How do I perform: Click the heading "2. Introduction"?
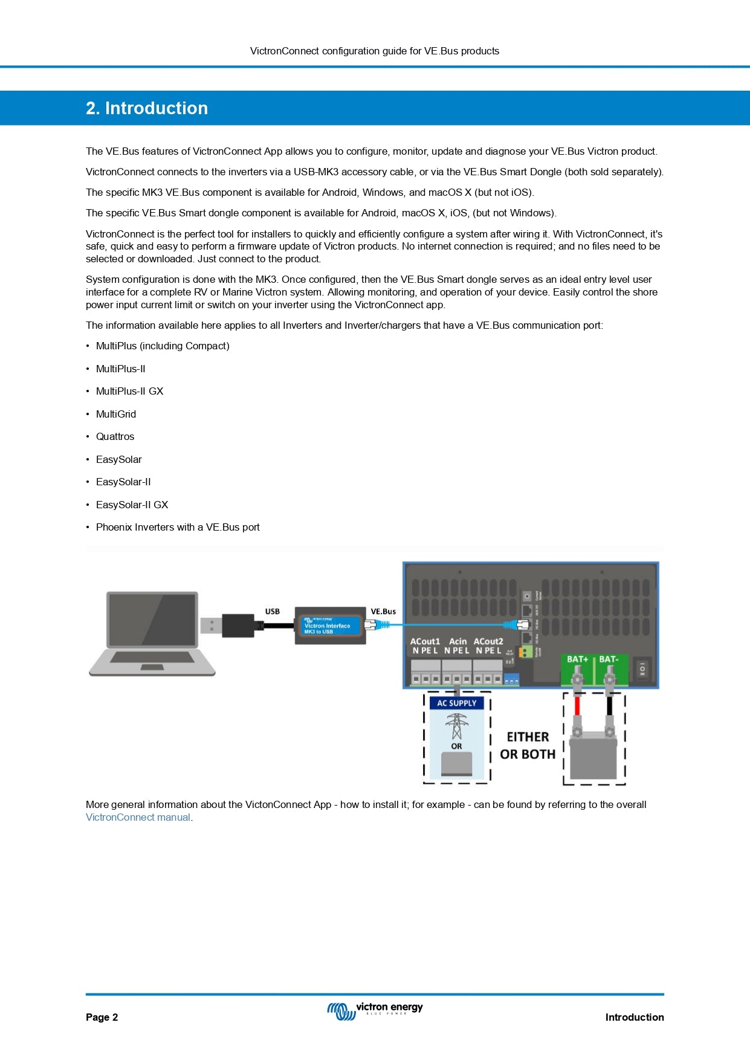click(147, 108)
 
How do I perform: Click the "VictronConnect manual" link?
click(138, 818)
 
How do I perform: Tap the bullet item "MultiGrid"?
click(116, 414)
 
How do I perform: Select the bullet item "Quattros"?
click(115, 437)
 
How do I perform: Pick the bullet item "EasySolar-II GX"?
click(132, 505)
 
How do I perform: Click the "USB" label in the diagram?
click(273, 612)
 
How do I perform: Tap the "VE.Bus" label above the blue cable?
click(383, 612)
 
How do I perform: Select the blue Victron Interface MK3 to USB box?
click(330, 625)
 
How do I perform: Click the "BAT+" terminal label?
click(577, 659)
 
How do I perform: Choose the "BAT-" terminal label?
click(609, 659)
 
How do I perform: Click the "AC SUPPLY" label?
click(457, 703)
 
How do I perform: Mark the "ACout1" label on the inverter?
click(425, 642)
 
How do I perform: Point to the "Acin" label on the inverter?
click(458, 642)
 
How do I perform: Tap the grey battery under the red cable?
click(593, 755)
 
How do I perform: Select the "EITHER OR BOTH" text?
click(528, 746)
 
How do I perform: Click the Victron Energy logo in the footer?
click(375, 1010)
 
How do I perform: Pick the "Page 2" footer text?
click(102, 1018)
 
